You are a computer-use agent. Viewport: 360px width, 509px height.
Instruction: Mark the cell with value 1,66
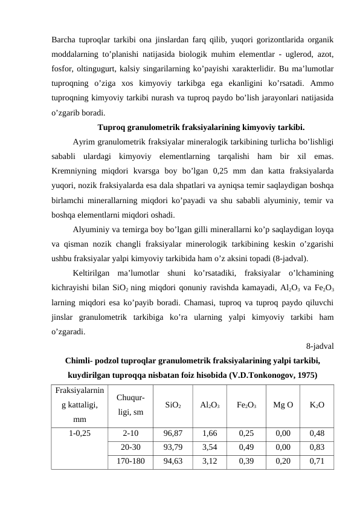click(210, 433)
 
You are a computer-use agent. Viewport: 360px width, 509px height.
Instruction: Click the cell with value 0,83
click(317, 447)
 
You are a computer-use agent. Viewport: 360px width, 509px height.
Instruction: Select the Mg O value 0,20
click(282, 461)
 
